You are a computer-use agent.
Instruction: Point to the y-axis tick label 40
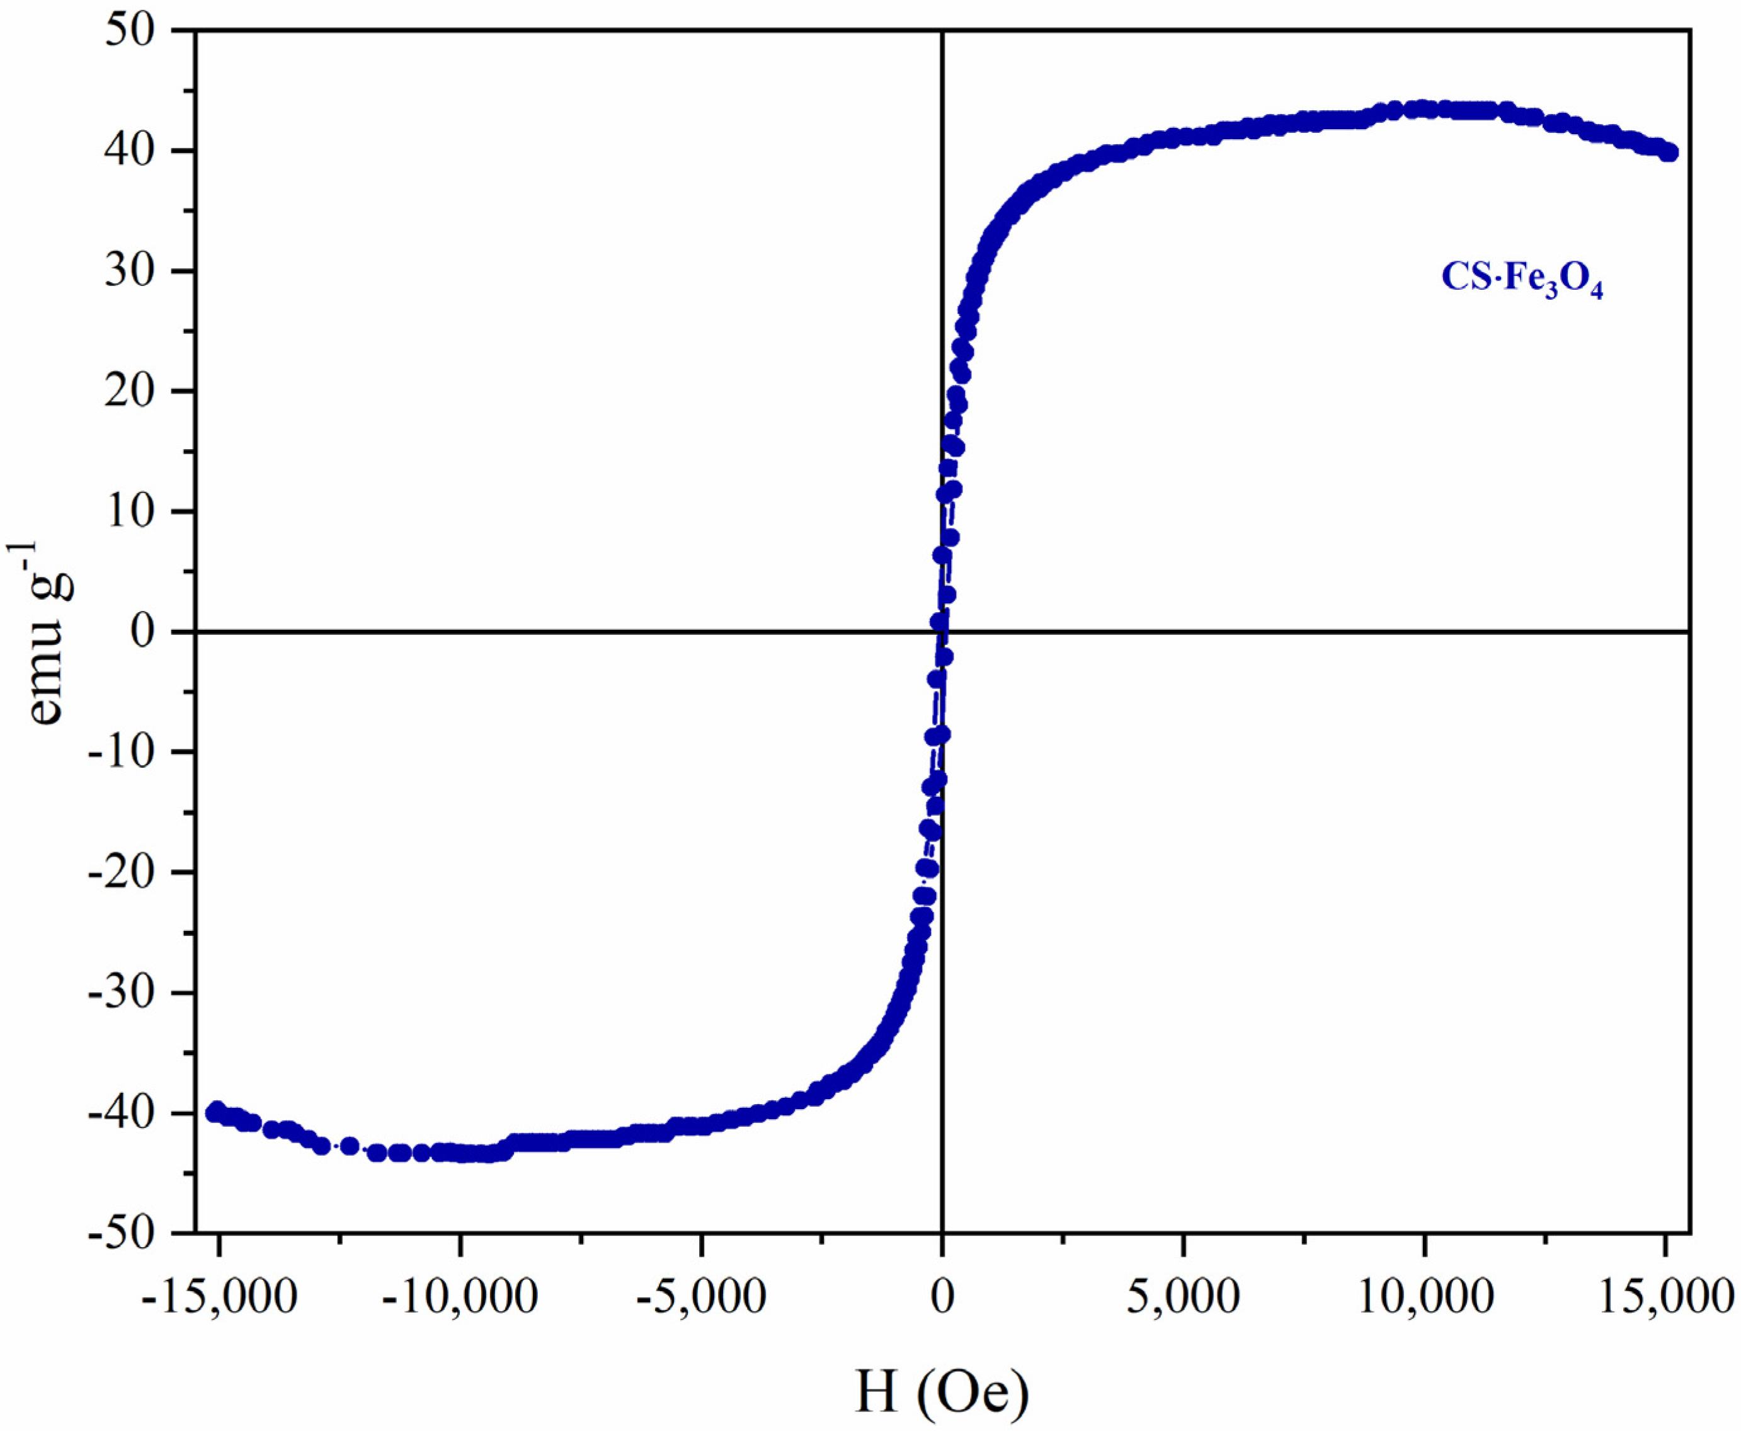pyautogui.click(x=132, y=151)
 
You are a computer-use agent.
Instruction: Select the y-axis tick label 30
pyautogui.click(x=132, y=271)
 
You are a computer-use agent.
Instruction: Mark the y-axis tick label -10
pyautogui.click(x=122, y=752)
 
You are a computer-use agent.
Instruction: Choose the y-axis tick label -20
pyautogui.click(x=122, y=872)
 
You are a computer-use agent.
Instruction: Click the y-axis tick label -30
pyautogui.click(x=122, y=993)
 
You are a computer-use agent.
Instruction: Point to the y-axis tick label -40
pyautogui.click(x=122, y=1114)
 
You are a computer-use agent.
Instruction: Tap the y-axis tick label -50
pyautogui.click(x=122, y=1234)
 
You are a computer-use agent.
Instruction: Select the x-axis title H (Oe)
pyautogui.click(x=942, y=1392)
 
